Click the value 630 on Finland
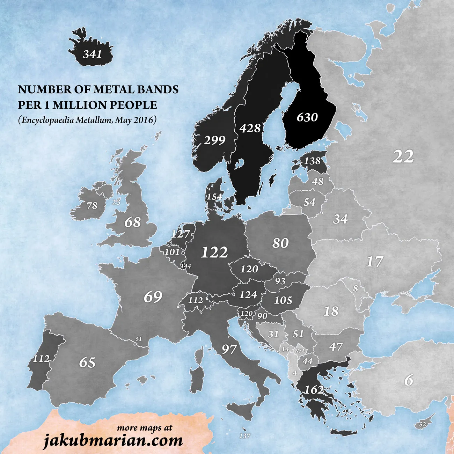click(x=307, y=117)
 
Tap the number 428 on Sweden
click(x=250, y=128)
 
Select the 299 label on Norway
click(x=214, y=140)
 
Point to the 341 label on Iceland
click(x=93, y=54)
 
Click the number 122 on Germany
click(x=214, y=252)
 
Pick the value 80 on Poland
click(x=280, y=243)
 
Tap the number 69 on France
click(x=153, y=297)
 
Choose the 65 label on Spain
click(x=87, y=362)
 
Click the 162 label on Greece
click(x=314, y=390)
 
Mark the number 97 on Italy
click(x=229, y=349)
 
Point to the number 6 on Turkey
click(x=409, y=380)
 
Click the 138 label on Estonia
click(x=312, y=161)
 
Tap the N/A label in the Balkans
click(x=300, y=351)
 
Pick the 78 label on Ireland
click(x=92, y=205)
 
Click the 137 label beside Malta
click(x=244, y=436)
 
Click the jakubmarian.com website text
click(x=113, y=440)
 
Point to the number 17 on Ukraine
click(x=374, y=262)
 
